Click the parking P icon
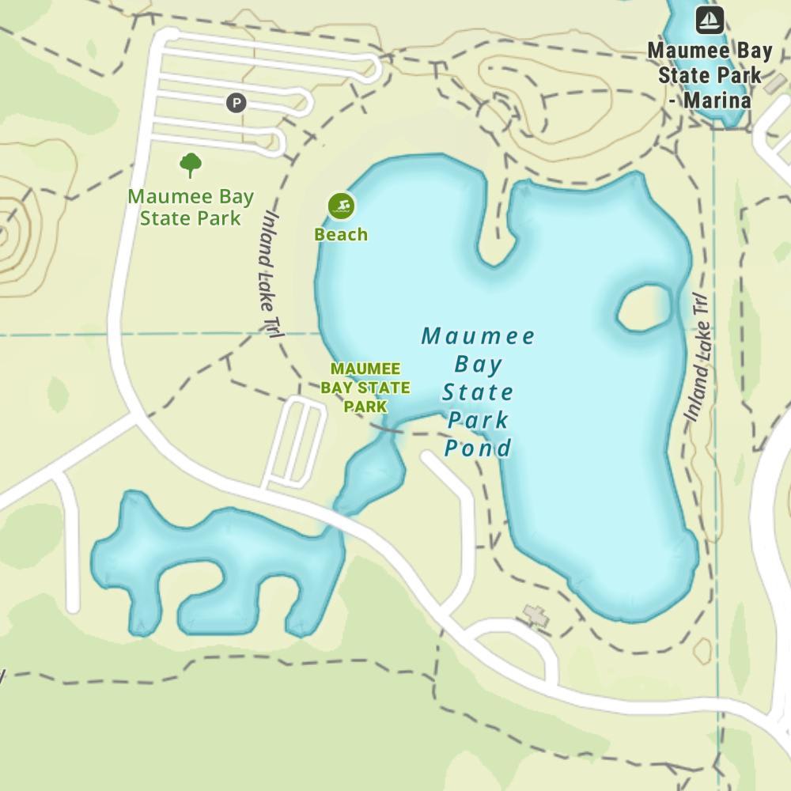pos(236,103)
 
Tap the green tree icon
pos(190,165)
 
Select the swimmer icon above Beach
pos(341,206)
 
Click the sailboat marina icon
pos(710,21)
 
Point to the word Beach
pos(341,234)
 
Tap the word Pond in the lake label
pos(478,448)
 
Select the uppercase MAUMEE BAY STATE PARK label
pos(365,388)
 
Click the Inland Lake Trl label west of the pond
pos(269,273)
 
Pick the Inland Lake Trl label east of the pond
pos(696,356)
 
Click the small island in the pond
pos(642,308)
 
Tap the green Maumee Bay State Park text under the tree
pos(191,207)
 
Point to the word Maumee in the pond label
pos(479,336)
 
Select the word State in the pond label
pos(478,392)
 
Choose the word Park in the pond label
pos(478,420)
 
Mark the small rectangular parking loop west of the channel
pos(295,443)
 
